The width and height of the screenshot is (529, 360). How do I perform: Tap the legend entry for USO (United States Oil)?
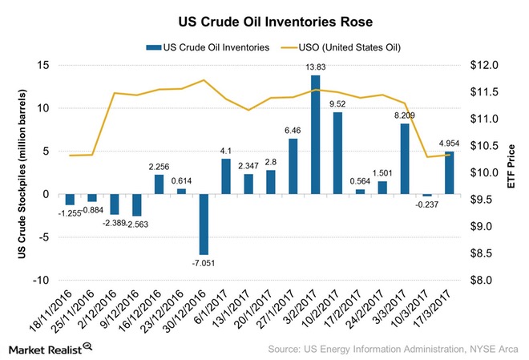349,48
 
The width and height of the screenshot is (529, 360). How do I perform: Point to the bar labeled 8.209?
404,159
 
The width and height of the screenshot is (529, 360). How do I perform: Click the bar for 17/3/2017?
449,172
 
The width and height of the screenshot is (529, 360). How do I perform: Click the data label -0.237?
425,204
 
